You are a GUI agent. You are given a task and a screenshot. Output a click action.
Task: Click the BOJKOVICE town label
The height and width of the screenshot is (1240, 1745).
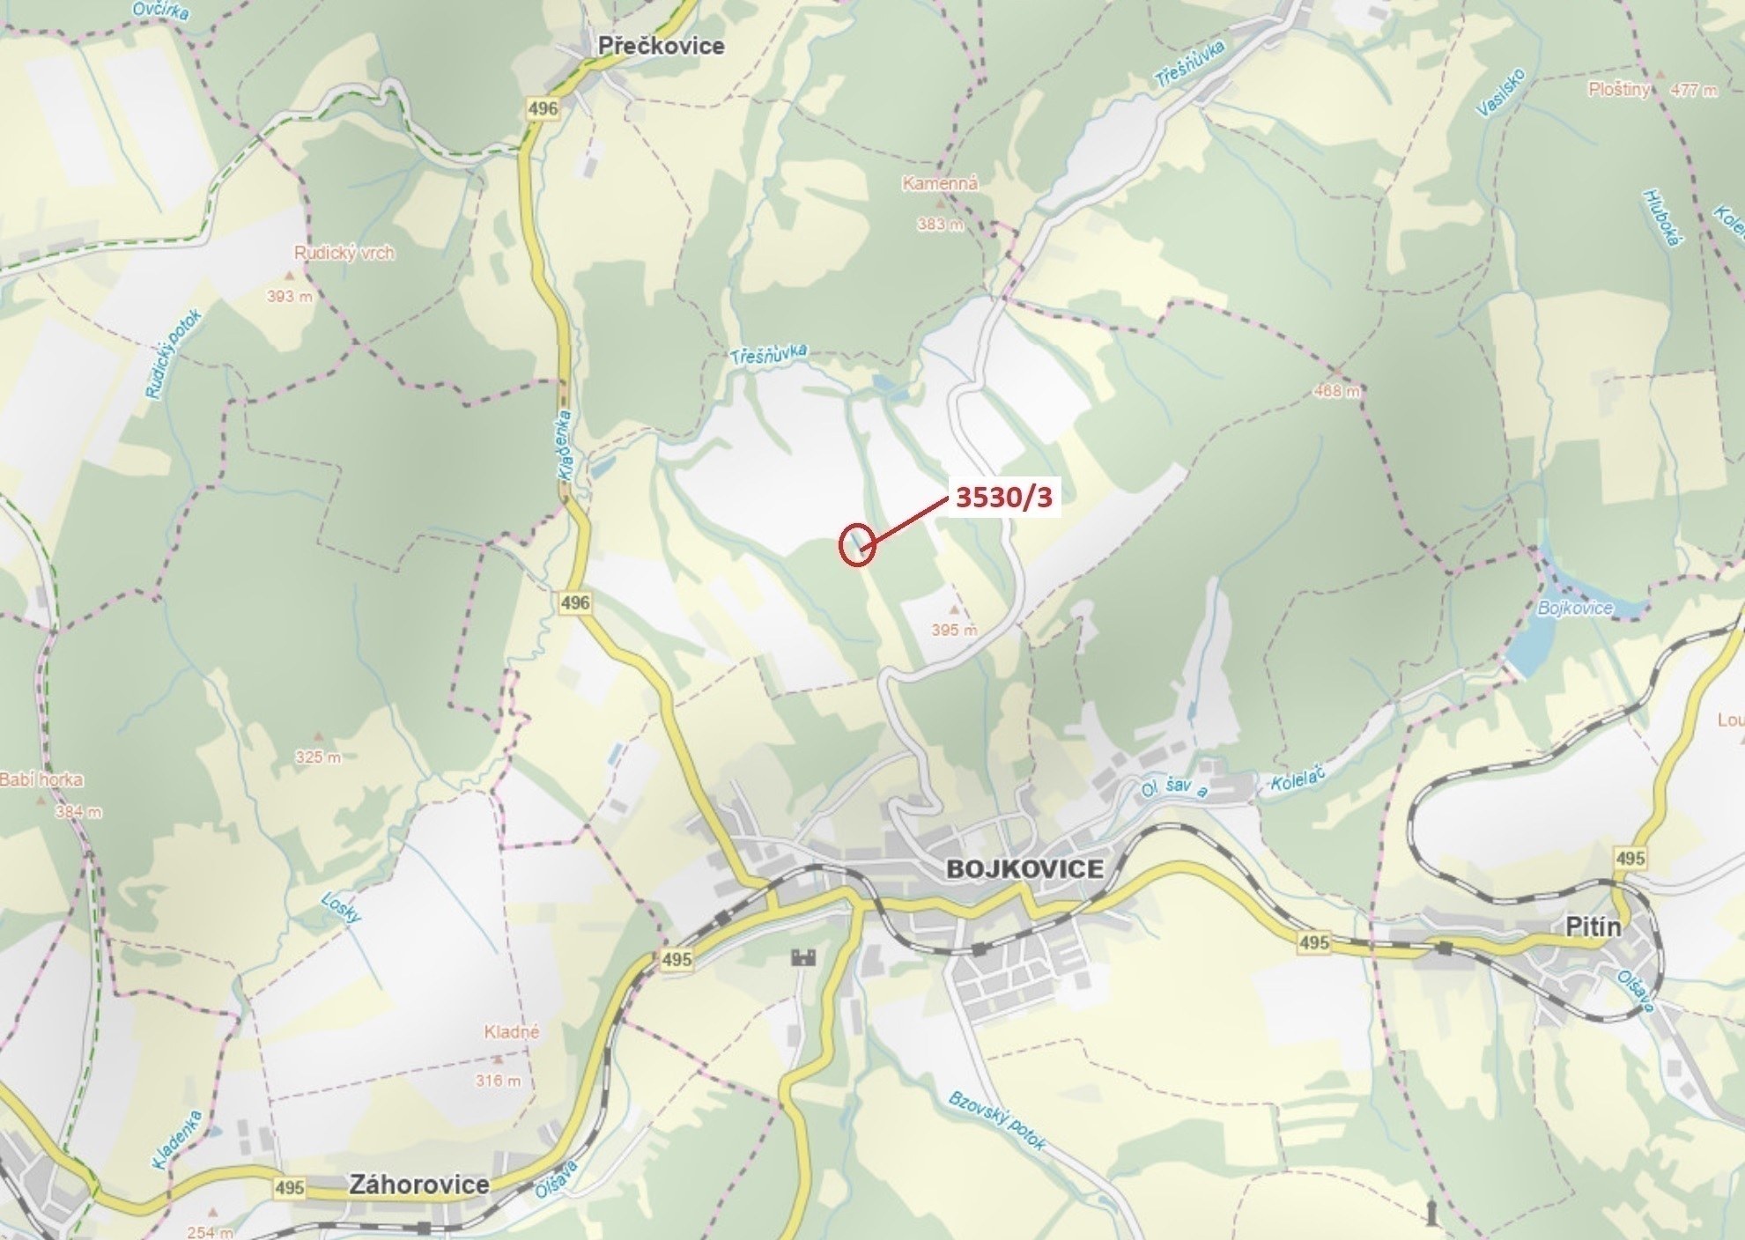(1024, 869)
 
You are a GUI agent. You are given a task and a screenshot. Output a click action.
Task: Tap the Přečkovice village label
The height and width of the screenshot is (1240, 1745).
(661, 46)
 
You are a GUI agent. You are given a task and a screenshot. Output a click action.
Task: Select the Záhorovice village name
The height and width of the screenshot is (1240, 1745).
(418, 1184)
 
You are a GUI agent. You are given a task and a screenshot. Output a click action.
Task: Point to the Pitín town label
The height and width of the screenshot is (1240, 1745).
(1593, 927)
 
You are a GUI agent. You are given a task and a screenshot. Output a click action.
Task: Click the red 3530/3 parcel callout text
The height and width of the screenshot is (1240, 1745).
(1003, 498)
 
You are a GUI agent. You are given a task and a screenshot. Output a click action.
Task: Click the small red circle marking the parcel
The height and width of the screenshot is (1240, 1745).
(856, 544)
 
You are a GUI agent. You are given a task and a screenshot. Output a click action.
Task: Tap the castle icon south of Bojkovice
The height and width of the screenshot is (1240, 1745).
(803, 957)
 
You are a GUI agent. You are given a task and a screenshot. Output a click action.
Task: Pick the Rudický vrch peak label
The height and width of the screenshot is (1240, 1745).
(344, 254)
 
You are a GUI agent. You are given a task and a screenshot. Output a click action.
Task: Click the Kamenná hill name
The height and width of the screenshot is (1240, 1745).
(940, 184)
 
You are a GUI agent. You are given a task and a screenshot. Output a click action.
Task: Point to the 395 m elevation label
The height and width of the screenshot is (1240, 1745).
(954, 630)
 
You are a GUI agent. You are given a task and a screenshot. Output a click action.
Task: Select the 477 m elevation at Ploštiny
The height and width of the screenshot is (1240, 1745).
(1692, 90)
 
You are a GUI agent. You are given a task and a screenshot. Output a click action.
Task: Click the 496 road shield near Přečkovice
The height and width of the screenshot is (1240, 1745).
(543, 108)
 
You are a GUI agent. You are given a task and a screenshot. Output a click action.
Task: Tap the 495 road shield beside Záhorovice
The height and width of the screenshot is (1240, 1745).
(289, 1187)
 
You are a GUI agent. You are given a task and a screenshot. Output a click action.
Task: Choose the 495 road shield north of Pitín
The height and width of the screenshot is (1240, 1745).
(1630, 858)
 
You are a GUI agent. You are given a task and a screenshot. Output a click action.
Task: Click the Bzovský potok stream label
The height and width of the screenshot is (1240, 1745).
(996, 1121)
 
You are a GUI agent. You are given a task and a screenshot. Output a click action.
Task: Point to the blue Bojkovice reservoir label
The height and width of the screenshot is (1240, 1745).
(1575, 608)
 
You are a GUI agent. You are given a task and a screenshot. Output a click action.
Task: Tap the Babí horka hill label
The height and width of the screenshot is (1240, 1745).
(41, 779)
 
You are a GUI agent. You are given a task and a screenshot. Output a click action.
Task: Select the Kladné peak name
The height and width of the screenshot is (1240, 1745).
(511, 1031)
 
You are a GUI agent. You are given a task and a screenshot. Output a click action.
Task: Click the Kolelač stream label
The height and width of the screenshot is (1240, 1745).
(1298, 776)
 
